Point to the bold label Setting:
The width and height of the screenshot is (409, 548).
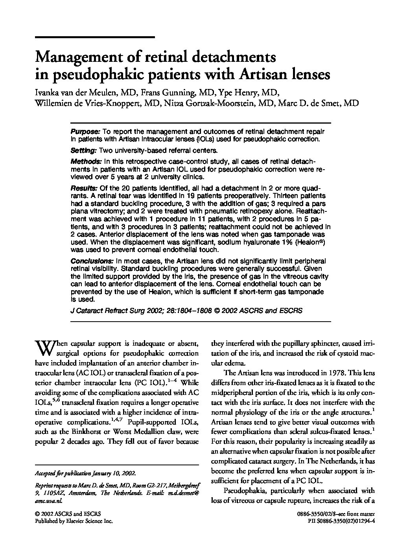(83, 150)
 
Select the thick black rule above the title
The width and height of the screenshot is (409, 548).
(95, 37)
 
